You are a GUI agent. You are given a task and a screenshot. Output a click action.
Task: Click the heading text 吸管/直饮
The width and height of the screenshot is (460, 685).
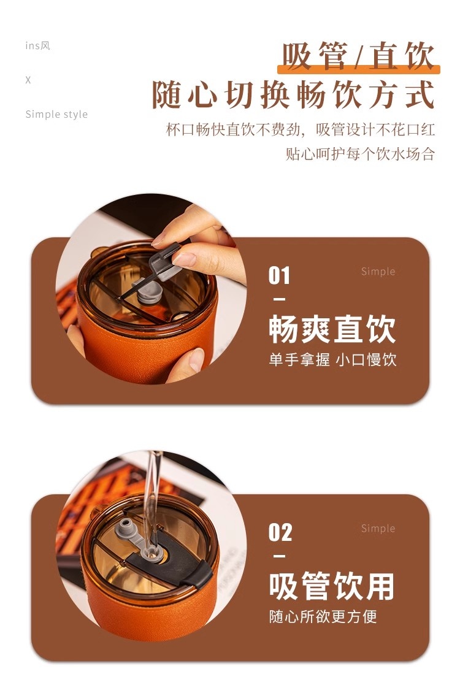click(x=358, y=56)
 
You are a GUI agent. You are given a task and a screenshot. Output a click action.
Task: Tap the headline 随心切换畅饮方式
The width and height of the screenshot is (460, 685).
click(x=293, y=94)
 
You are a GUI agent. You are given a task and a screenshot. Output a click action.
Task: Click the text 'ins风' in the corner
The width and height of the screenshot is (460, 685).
click(x=37, y=45)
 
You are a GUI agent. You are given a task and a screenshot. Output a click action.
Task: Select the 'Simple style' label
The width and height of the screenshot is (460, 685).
click(x=56, y=115)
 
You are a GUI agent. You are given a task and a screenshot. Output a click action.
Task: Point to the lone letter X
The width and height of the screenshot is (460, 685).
click(x=28, y=80)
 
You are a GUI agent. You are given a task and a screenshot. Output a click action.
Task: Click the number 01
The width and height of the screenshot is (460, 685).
click(x=279, y=276)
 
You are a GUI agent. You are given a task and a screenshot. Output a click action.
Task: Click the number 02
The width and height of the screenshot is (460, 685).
click(x=280, y=532)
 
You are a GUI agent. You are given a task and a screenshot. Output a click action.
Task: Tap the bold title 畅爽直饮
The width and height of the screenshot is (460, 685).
click(x=332, y=330)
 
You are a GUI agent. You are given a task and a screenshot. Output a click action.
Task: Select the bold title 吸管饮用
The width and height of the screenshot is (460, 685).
click(x=332, y=587)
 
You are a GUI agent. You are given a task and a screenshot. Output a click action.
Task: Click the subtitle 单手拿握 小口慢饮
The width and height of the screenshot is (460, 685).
click(x=332, y=360)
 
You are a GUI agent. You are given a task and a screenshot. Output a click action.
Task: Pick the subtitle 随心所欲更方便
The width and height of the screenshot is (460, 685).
click(x=323, y=617)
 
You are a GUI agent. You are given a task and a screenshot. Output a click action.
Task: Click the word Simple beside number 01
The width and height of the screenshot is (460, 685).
click(x=378, y=272)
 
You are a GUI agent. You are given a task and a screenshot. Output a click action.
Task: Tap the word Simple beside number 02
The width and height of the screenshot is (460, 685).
click(x=378, y=529)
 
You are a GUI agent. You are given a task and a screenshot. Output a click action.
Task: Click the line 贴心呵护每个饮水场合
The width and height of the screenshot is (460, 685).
click(x=361, y=154)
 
